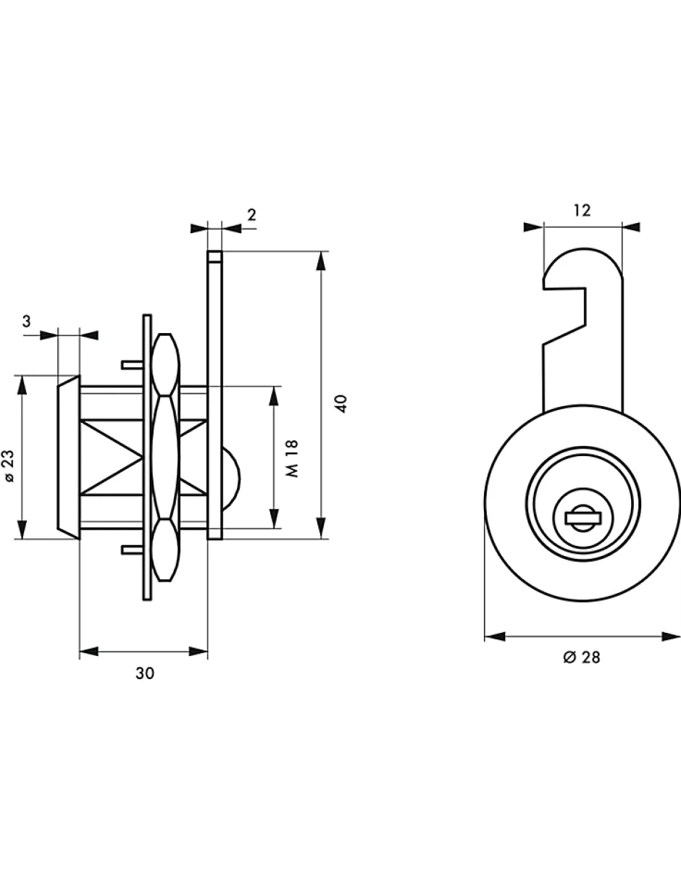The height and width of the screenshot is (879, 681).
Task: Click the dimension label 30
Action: coord(145,673)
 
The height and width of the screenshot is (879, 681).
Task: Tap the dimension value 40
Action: coord(342,403)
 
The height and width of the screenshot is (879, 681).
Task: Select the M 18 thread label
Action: coord(292,458)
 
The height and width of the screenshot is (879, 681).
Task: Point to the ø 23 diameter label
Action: coord(9,466)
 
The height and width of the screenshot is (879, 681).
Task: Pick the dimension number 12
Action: coord(582,211)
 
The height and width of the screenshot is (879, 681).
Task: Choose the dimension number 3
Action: coord(26,321)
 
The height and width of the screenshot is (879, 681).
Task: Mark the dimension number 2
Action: coord(251,215)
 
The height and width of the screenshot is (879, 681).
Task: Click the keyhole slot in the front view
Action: coord(584,518)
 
